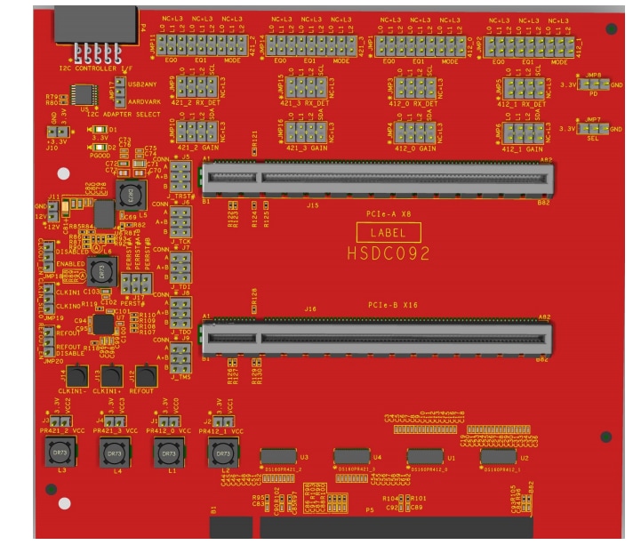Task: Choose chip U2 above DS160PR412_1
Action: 495,457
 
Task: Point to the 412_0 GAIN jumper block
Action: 414,132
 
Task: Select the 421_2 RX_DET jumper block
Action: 192,86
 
